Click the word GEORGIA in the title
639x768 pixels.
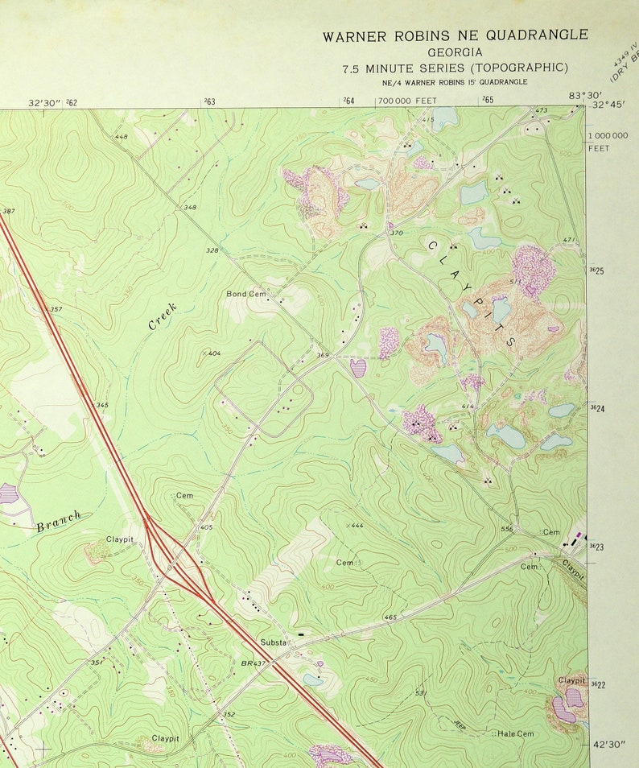click(x=455, y=52)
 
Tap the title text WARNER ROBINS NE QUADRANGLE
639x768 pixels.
click(x=455, y=35)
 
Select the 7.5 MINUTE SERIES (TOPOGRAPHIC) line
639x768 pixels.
click(x=455, y=68)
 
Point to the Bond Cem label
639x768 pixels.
click(x=245, y=295)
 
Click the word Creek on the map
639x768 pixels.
click(x=163, y=316)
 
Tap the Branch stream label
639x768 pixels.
click(x=59, y=521)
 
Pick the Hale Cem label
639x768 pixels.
click(x=515, y=733)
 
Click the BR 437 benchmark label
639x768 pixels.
click(x=253, y=663)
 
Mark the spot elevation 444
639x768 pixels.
click(x=356, y=525)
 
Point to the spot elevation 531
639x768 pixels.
click(x=420, y=693)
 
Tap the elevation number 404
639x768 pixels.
click(x=214, y=353)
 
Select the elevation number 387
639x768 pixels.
click(x=9, y=212)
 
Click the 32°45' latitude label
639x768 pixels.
click(x=609, y=105)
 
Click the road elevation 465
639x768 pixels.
click(x=390, y=617)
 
